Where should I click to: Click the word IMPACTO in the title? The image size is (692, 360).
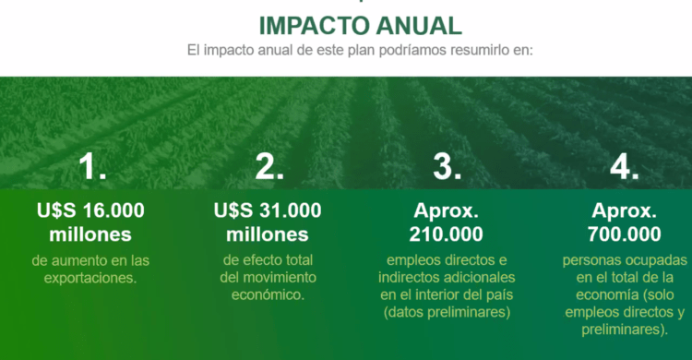(315, 26)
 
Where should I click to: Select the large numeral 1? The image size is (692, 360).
(92, 167)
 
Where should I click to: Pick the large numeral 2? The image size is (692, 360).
(269, 167)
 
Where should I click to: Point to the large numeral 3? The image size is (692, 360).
(447, 167)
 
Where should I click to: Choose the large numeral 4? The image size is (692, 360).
(625, 167)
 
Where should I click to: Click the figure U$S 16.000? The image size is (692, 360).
(90, 210)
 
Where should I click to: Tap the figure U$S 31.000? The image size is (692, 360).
(268, 210)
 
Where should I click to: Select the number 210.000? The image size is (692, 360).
(447, 234)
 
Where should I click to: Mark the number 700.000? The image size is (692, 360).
(624, 234)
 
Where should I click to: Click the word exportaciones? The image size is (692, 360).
(90, 278)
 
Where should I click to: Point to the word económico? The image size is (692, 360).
(268, 294)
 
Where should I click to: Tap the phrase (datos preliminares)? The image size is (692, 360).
(447, 312)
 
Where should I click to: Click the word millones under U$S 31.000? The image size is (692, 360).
(268, 234)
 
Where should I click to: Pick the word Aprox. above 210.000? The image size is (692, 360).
(447, 210)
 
